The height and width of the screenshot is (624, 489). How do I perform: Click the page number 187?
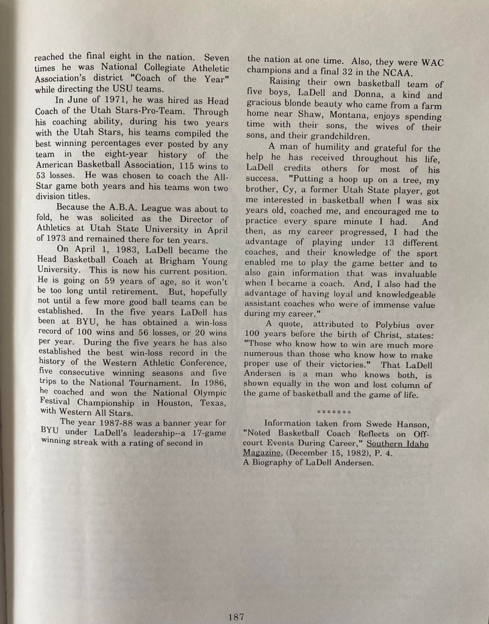click(x=236, y=616)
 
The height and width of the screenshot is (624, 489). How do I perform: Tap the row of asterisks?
click(x=333, y=412)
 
